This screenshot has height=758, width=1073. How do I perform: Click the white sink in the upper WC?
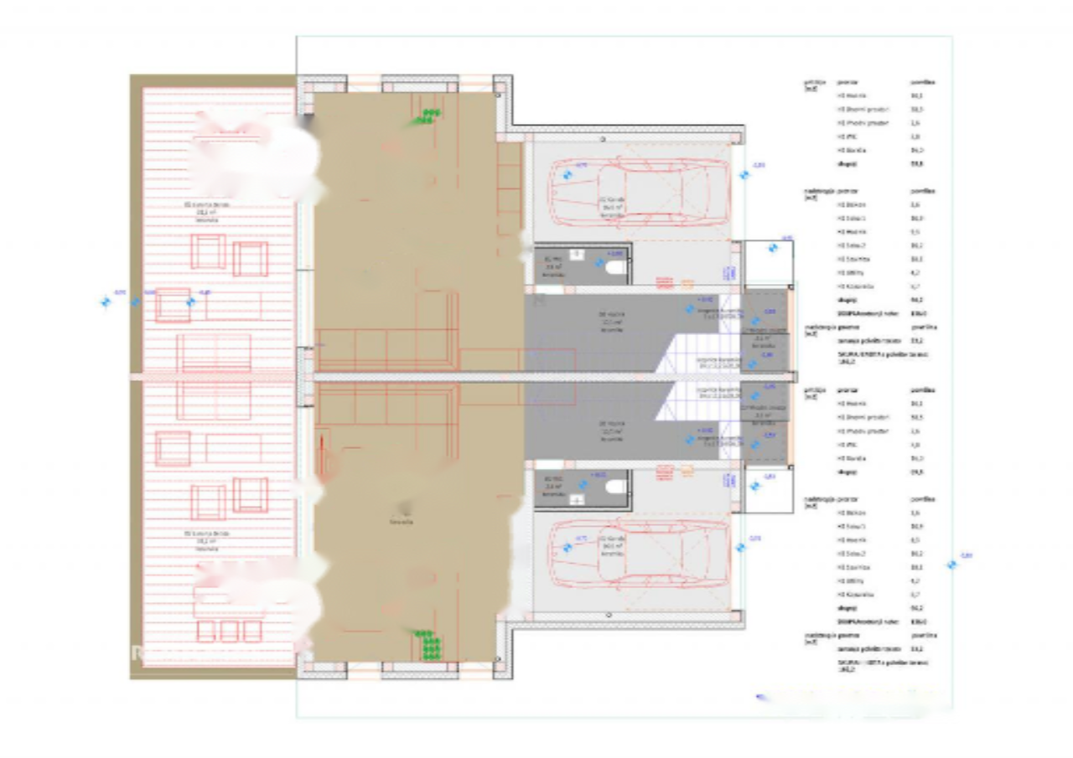[x=576, y=253]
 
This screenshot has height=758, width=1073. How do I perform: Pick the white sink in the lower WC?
[x=577, y=499]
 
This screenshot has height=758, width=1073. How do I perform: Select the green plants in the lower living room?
[x=429, y=645]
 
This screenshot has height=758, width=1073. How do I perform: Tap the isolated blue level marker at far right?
[x=951, y=565]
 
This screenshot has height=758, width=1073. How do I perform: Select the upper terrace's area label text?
[x=206, y=212]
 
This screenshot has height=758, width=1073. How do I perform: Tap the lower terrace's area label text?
[x=206, y=540]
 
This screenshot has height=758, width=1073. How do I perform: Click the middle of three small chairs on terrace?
[x=229, y=630]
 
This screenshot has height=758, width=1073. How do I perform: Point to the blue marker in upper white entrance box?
[x=773, y=248]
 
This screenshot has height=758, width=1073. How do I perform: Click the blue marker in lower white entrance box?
[x=754, y=486]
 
